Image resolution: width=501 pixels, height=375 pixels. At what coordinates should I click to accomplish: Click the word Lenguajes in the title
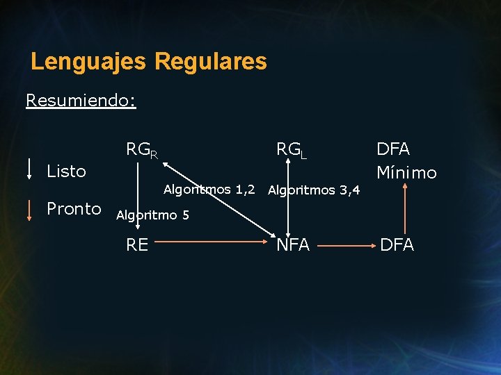[88, 61]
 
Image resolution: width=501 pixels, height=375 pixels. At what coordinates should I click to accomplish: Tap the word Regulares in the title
[211, 61]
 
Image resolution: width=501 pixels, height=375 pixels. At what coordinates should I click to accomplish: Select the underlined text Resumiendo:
[81, 101]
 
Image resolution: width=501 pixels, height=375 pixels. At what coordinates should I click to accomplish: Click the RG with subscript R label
[141, 149]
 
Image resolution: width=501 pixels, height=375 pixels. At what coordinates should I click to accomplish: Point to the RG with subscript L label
[292, 149]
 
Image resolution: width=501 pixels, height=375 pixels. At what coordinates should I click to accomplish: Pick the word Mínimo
[406, 172]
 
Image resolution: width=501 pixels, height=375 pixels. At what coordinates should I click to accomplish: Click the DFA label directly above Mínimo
[393, 149]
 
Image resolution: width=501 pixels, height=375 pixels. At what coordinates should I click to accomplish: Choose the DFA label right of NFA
[397, 244]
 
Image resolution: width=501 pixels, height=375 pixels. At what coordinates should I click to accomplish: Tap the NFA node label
[293, 244]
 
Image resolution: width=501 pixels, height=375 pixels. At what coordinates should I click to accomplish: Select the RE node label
[137, 244]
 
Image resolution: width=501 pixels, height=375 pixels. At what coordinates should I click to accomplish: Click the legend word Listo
[66, 171]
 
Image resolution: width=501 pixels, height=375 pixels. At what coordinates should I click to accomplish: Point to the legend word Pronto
[74, 209]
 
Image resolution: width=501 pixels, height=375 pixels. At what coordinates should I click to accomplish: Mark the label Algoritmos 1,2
[209, 189]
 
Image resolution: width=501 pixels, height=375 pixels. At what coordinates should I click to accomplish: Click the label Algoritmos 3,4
[314, 190]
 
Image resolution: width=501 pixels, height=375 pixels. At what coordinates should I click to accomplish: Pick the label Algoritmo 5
[152, 215]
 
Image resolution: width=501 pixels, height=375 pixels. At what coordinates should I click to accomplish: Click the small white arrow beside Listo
[29, 169]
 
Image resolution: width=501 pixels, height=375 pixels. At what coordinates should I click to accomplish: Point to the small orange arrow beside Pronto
[29, 209]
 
